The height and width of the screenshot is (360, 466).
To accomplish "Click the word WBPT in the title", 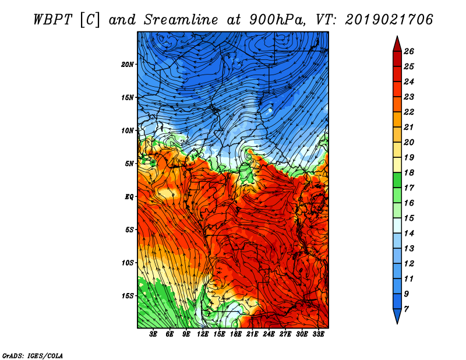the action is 52,20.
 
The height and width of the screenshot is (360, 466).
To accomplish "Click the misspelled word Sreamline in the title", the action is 181,20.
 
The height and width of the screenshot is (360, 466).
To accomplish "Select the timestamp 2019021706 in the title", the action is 389,20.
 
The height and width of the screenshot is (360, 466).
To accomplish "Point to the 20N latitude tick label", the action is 127,65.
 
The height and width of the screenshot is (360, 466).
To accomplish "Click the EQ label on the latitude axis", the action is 129,197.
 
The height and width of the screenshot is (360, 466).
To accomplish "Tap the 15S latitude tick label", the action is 127,296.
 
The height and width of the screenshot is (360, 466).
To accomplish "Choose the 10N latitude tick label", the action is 127,130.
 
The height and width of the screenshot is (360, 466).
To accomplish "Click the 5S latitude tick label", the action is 129,230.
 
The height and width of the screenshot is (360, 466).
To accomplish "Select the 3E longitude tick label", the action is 153,334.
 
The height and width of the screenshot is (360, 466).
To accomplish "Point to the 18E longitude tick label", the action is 236,334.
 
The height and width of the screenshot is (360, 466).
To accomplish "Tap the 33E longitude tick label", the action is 318,334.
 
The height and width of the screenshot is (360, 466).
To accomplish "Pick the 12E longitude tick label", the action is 203,334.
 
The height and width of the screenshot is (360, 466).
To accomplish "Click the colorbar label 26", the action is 409,51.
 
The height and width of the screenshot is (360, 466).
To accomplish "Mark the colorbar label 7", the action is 406,309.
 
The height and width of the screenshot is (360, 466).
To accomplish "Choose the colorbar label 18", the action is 409,172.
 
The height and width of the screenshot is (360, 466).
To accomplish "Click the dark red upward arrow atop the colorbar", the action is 397,44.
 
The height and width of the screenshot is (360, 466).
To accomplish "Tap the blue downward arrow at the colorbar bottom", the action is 397,316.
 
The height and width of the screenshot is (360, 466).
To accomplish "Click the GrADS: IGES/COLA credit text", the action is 33,356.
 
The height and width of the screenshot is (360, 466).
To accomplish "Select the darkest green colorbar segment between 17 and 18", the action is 397,180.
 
